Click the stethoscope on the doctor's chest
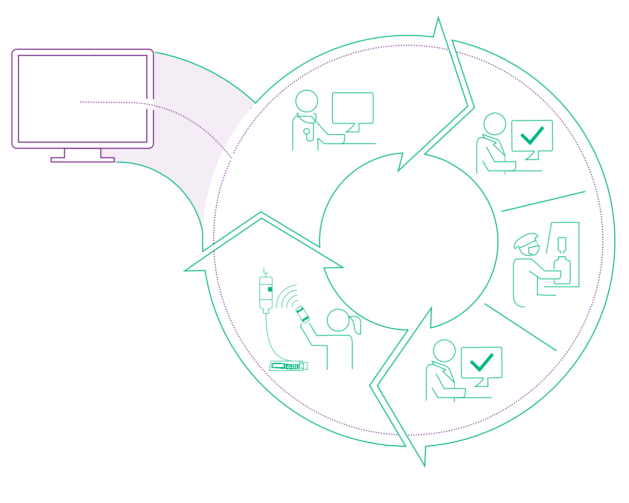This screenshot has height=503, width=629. click(x=306, y=133)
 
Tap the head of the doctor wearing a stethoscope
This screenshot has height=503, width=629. click(x=306, y=101)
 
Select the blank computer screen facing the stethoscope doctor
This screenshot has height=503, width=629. click(x=352, y=108)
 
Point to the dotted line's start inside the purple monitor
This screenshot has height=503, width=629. click(x=81, y=102)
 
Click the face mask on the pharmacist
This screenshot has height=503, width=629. click(x=533, y=250)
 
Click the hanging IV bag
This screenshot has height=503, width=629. click(x=266, y=292)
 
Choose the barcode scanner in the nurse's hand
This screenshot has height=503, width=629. click(x=302, y=314)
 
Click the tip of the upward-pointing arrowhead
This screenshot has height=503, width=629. click(x=438, y=19)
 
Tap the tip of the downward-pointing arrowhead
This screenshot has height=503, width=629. click(x=424, y=465)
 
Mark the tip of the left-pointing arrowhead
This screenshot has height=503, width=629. click(x=185, y=270)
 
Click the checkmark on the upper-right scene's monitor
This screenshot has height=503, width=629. click(x=532, y=135)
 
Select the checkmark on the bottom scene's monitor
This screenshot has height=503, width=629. click(x=481, y=362)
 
